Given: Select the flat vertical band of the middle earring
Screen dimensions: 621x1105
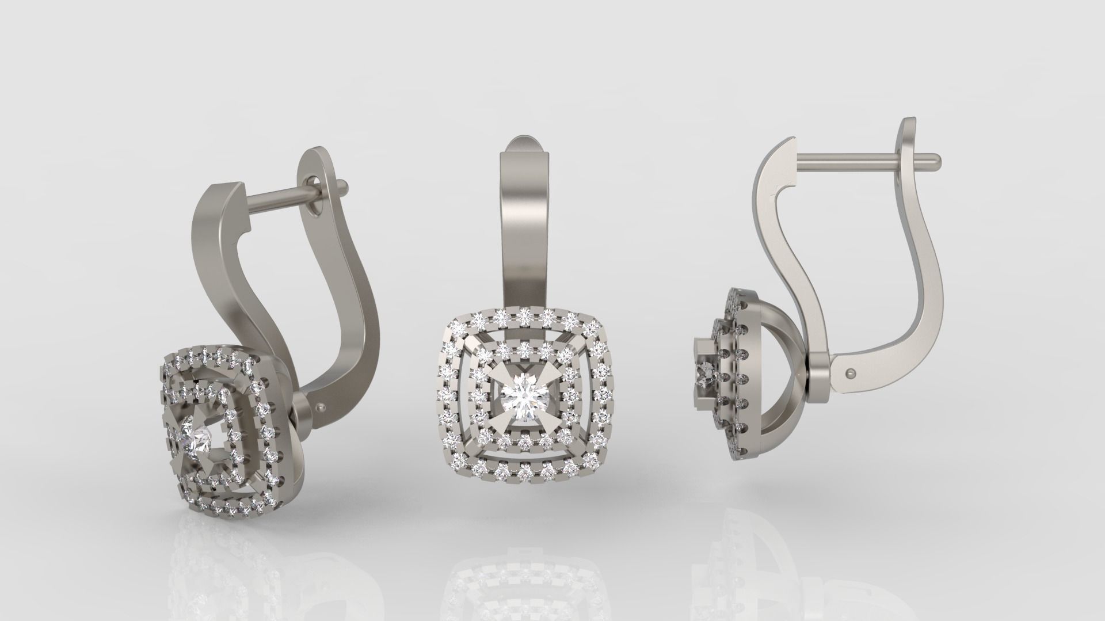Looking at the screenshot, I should (524, 242).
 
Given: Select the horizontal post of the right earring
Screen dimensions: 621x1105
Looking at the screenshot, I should (846, 157).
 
